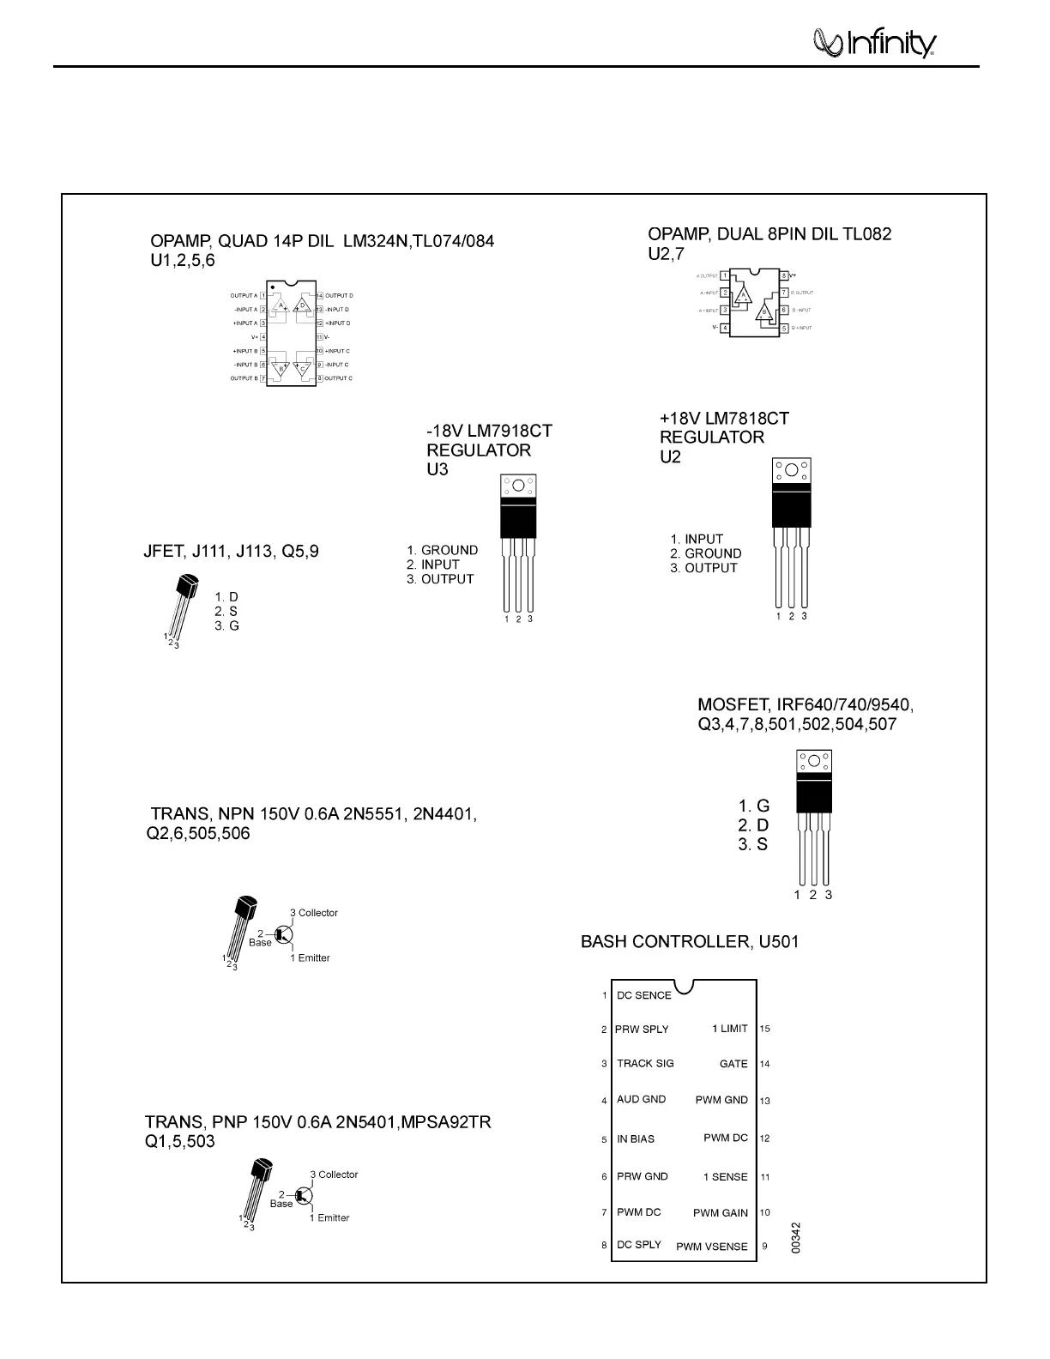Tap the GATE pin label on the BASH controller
tap(733, 1064)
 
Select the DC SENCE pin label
tap(643, 995)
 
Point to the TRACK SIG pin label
tap(645, 1064)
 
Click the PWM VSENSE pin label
tap(711, 1247)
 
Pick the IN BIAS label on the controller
tap(636, 1139)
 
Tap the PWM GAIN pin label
tap(721, 1213)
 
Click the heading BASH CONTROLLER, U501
tap(690, 942)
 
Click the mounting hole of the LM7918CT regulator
tap(518, 486)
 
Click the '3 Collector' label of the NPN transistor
tap(314, 913)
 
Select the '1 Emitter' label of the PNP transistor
tap(329, 1217)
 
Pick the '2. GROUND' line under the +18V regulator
tap(706, 553)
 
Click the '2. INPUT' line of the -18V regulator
tap(433, 565)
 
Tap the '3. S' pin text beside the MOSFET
tap(753, 844)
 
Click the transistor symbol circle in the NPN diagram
tap(285, 934)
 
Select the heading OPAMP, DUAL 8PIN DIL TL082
tap(769, 233)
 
